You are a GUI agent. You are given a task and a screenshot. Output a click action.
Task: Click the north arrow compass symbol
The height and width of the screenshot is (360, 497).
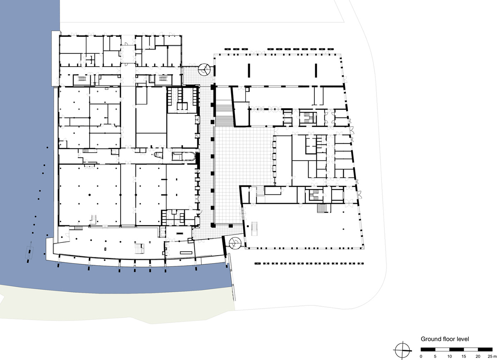[403, 350]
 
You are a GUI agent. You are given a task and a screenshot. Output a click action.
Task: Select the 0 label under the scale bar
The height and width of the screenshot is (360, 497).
[421, 357]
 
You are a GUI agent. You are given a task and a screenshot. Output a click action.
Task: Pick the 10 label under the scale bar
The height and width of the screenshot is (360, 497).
[449, 357]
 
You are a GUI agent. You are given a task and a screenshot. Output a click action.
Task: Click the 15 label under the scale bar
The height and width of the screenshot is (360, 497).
[464, 357]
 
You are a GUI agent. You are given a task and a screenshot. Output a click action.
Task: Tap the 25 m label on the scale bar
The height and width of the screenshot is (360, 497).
[492, 357]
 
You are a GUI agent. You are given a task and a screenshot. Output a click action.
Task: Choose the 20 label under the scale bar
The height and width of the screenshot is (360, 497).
[478, 357]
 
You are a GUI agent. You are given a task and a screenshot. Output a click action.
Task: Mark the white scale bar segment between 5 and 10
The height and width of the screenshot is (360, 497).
[442, 350]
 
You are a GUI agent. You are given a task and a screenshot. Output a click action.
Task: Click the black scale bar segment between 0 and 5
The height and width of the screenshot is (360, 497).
[428, 350]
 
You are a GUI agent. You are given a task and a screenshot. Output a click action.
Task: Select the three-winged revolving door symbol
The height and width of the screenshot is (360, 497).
[204, 70]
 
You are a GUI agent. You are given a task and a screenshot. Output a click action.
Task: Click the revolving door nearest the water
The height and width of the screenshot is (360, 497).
[235, 243]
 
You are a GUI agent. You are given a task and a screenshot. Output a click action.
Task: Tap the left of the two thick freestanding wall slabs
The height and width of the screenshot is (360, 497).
[249, 70]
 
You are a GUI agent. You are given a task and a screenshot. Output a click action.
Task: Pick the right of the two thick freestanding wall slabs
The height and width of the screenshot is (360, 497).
[316, 70]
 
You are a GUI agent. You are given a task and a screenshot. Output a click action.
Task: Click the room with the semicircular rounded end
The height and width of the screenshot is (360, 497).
[184, 156]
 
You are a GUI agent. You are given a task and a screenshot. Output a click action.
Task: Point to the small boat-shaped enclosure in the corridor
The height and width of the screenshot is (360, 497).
[158, 155]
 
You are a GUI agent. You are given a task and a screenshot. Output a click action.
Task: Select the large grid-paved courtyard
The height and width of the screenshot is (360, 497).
[244, 175]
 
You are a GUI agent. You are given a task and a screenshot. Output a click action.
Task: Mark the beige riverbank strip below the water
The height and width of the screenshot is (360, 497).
[116, 306]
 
